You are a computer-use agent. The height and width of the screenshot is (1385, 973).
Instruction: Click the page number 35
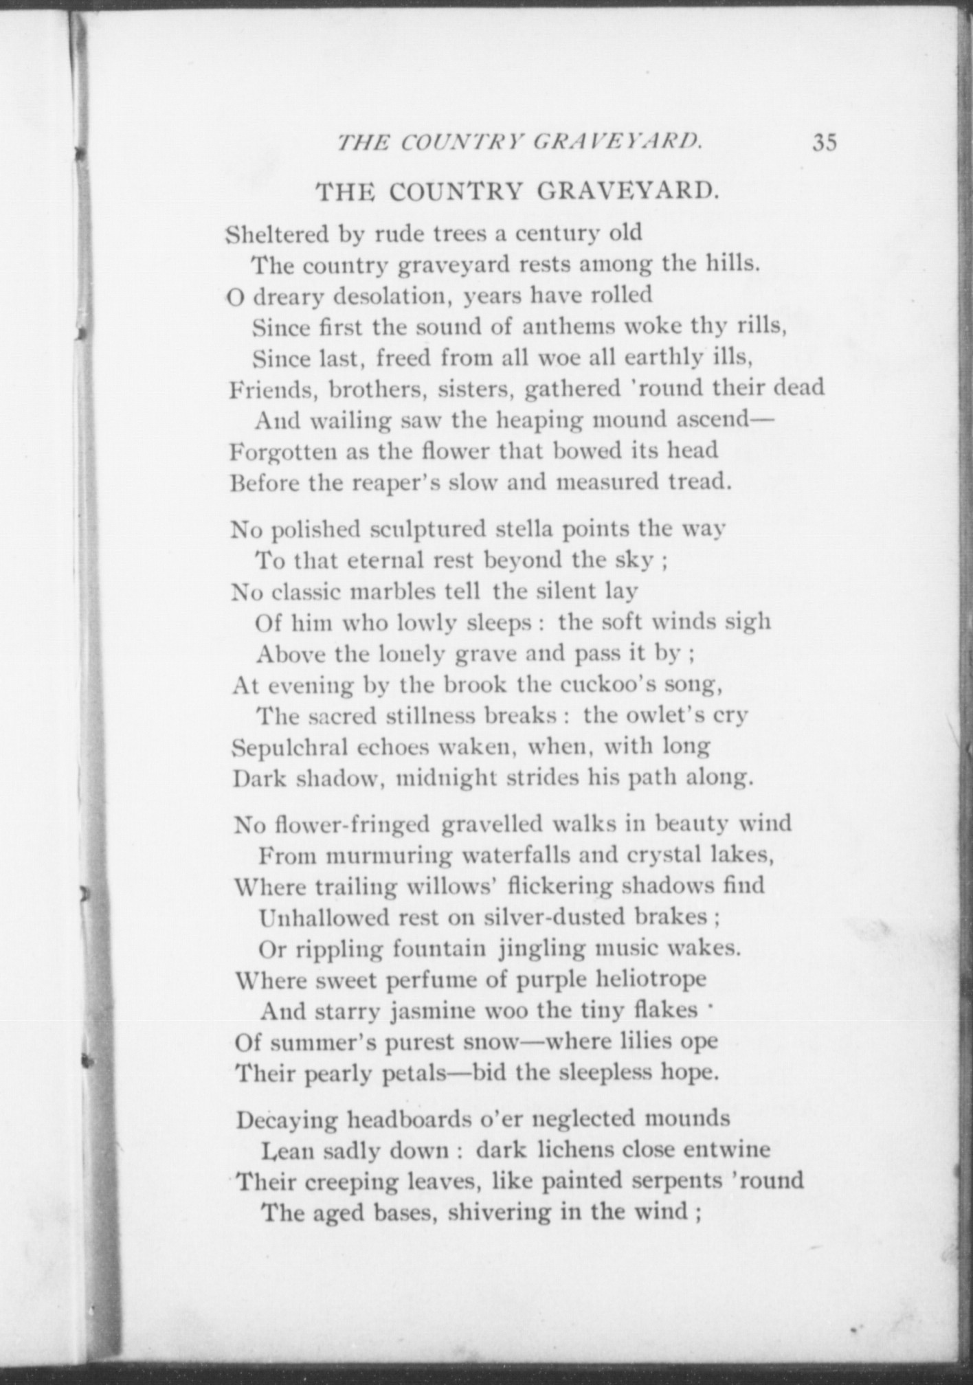tap(825, 142)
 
